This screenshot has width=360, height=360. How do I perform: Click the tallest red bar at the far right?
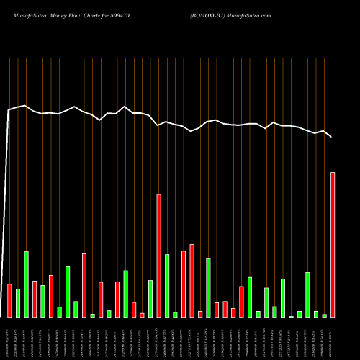click(333, 245)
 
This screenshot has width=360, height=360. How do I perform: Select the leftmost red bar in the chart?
click(9, 300)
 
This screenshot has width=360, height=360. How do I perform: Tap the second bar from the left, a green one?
click(18, 303)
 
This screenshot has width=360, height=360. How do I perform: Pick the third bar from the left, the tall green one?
click(27, 284)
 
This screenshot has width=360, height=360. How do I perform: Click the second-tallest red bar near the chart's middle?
click(158, 256)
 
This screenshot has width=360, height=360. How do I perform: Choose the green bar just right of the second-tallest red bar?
click(167, 286)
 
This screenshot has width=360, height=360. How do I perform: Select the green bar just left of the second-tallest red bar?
click(150, 299)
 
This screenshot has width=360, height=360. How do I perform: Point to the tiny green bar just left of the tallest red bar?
click(324, 315)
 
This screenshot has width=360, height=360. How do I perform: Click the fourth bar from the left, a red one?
click(35, 299)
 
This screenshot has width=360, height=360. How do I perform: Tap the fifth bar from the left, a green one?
click(42, 301)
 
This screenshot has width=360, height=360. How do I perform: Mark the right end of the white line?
click(331, 136)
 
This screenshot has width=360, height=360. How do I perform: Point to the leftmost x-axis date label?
click(8, 337)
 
